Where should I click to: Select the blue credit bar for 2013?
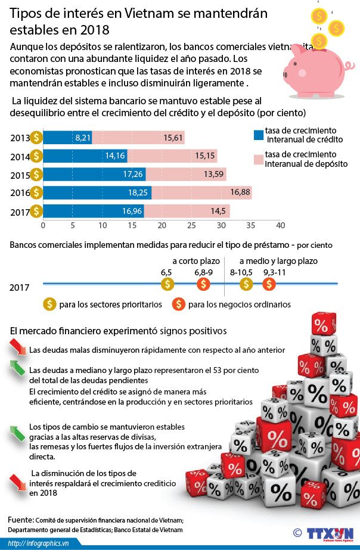pos(67,138)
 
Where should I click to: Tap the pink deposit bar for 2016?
pos(201,192)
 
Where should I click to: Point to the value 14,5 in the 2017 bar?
pos(217,211)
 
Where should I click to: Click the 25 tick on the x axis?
pos(191,226)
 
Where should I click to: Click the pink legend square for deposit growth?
pos(258,159)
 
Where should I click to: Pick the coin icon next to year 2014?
pos(37,156)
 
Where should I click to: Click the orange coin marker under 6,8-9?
pos(203,284)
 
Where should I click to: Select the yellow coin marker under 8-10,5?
pos(246,284)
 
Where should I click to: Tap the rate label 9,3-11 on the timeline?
pos(274,272)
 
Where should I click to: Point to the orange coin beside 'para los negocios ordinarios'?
pos(178,304)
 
